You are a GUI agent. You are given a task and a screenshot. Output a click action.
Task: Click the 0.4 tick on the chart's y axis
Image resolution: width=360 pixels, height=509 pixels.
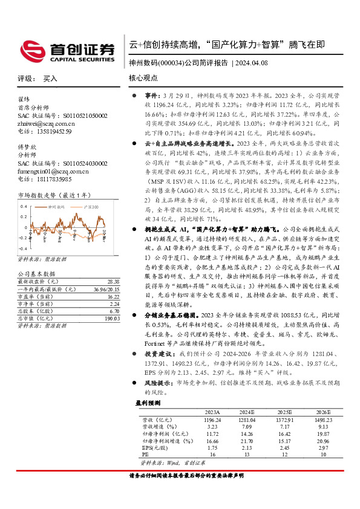pyautogui.click(x=24, y=206)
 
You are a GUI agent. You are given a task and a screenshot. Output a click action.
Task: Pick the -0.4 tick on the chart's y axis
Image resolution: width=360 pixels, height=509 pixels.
pyautogui.click(x=22, y=249)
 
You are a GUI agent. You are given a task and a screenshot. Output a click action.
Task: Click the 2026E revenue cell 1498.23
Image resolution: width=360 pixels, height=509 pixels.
pyautogui.click(x=323, y=419)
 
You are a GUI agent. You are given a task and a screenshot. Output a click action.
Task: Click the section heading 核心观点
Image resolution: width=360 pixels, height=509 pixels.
pyautogui.click(x=143, y=78)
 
